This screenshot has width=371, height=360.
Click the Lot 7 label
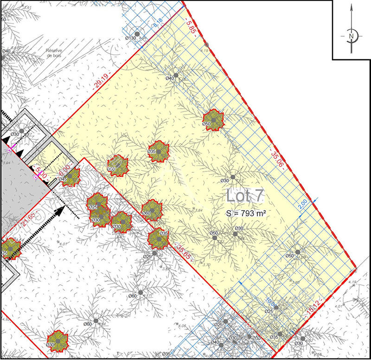click(245, 195)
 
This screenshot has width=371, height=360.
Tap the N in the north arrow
click(352, 36)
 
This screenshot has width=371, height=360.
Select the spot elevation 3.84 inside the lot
click(199, 211)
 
